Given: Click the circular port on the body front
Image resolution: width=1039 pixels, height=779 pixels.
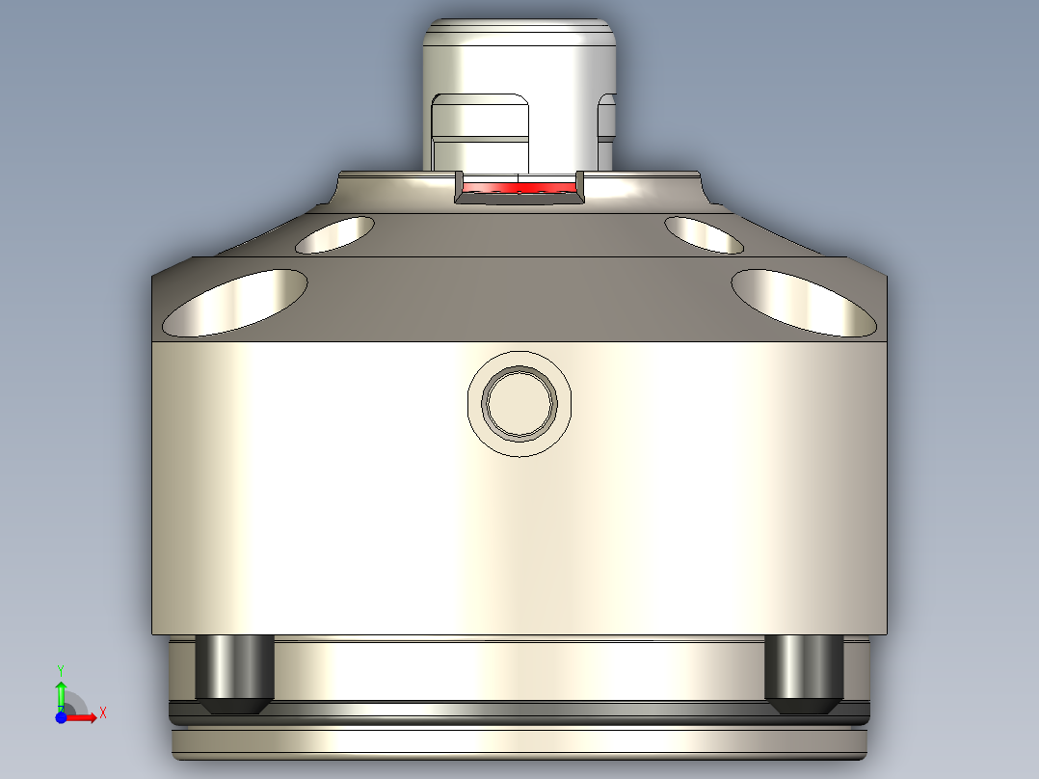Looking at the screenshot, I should [x=519, y=403].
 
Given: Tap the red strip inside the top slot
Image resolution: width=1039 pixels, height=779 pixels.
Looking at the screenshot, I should [x=519, y=185].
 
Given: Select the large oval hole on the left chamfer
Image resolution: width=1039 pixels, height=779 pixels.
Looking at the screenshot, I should [x=236, y=302].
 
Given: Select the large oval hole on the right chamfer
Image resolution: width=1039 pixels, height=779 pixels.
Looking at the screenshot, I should [x=802, y=302].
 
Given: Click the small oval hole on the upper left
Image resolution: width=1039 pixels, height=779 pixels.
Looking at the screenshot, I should [x=334, y=234].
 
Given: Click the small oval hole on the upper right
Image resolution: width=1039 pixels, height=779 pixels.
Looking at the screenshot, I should [x=704, y=234].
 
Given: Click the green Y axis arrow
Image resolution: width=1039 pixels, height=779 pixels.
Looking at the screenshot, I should [x=61, y=692].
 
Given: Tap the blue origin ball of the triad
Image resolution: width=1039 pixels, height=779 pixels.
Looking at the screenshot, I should [x=61, y=716].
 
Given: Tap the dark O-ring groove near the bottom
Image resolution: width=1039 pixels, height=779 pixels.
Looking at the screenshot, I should [x=519, y=713].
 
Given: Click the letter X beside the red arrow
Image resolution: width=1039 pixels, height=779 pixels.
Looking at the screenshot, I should [x=102, y=713].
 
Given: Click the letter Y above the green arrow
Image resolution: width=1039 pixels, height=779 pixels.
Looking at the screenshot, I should [x=61, y=668].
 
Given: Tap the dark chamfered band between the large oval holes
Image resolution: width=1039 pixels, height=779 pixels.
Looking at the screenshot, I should [x=519, y=299].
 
